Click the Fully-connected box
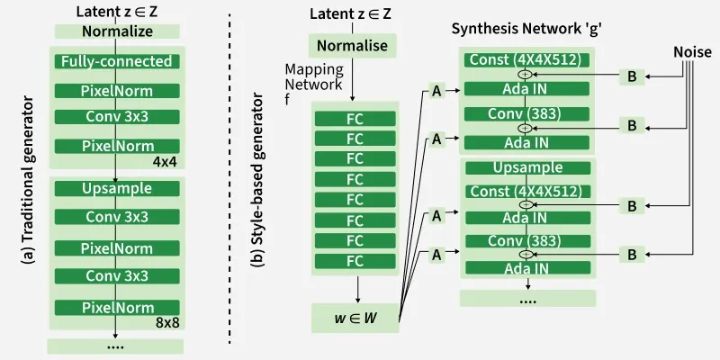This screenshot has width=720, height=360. click(116, 62)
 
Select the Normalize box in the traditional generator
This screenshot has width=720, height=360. click(117, 31)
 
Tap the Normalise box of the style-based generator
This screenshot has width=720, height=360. click(353, 46)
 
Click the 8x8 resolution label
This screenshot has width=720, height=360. click(167, 322)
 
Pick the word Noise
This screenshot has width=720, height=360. click(693, 53)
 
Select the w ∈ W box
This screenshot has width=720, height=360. click(355, 318)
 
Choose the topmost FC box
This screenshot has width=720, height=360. click(355, 118)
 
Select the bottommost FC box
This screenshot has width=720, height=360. click(355, 261)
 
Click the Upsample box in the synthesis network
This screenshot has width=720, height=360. click(528, 167)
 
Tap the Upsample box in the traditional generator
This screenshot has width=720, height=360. click(117, 190)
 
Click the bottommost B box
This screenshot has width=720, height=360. click(632, 256)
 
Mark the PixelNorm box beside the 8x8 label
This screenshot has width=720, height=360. click(117, 308)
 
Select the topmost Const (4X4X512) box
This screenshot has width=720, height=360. click(527, 60)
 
